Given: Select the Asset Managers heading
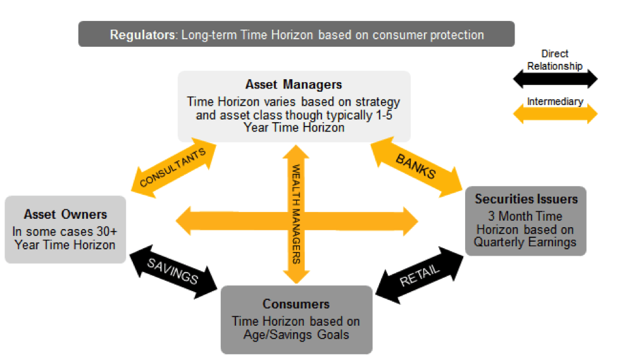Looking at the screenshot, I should (294, 84).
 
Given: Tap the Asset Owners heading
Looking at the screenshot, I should (65, 214).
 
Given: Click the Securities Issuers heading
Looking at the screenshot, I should (526, 199).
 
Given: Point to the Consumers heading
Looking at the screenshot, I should (296, 304).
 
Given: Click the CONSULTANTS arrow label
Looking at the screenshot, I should (173, 168).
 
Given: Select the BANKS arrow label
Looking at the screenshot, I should (416, 165).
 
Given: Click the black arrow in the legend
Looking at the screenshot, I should (554, 78).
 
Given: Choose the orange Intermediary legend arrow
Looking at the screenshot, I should (554, 115).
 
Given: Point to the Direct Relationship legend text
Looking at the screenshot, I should (554, 59).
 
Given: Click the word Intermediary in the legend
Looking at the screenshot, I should (554, 101).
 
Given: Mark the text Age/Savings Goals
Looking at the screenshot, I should (296, 333).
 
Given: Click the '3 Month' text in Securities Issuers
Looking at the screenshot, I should (513, 216).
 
